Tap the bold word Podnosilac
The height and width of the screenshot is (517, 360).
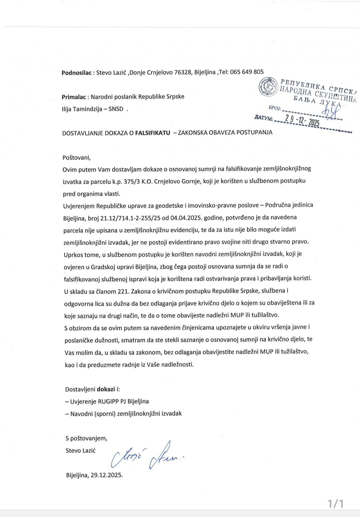76,72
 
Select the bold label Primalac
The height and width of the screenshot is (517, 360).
74,97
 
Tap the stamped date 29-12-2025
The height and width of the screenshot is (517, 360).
300,121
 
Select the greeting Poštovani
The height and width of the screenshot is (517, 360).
76,157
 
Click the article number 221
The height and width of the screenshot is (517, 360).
123,291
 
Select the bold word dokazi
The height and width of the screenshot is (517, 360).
105,389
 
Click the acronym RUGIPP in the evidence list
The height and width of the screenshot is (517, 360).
108,401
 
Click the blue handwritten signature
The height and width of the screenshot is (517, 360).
148,455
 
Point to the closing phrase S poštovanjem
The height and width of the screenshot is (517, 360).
86,438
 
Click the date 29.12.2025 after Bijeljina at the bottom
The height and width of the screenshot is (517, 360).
107,475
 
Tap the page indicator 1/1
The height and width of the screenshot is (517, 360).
335,503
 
